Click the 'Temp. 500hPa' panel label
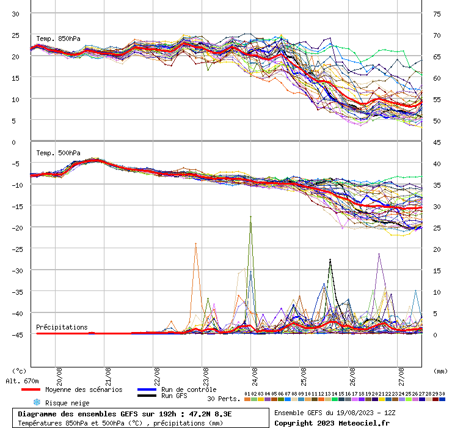tap(58, 153)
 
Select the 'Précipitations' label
tap(62, 327)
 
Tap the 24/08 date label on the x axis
tap(253, 374)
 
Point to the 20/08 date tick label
tap(58, 374)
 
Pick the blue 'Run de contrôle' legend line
tap(147, 389)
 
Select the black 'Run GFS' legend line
tap(147, 396)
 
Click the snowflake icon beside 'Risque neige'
tap(37, 402)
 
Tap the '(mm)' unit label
tap(440, 371)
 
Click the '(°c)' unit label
tap(19, 371)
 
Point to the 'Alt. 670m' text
tap(22, 381)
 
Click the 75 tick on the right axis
tap(437, 13)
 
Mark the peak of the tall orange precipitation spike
tap(195, 243)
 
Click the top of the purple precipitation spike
tap(379, 254)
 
